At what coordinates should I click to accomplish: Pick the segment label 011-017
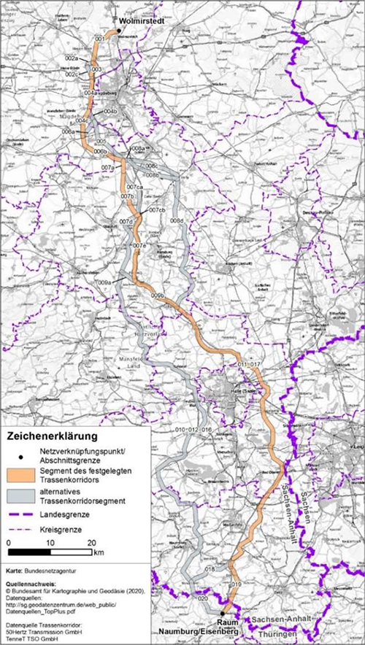click(249, 363)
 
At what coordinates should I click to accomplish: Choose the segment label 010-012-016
click(193, 430)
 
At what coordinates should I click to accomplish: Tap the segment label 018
click(210, 568)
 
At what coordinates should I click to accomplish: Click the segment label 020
click(203, 598)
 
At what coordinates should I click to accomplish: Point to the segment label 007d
click(126, 221)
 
